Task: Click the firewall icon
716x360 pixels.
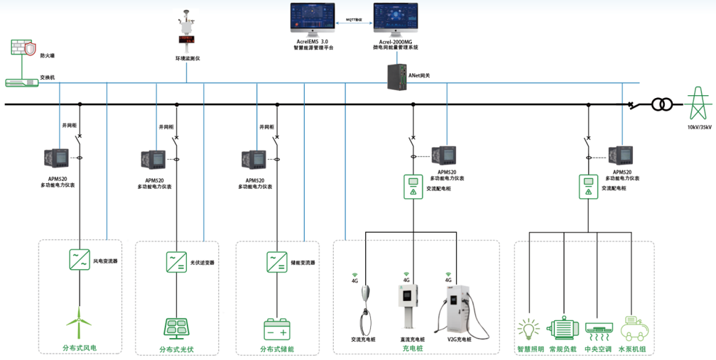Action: point(23,49)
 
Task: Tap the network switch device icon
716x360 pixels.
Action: point(22,82)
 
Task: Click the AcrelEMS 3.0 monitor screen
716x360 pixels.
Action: point(313,20)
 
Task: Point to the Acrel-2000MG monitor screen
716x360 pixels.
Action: point(396,20)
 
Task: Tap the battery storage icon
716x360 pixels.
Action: point(276,329)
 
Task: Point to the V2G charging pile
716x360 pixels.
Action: point(457,307)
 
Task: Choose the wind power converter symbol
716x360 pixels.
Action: point(78,259)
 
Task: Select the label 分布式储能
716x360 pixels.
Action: point(276,349)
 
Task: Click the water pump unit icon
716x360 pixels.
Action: point(634,329)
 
